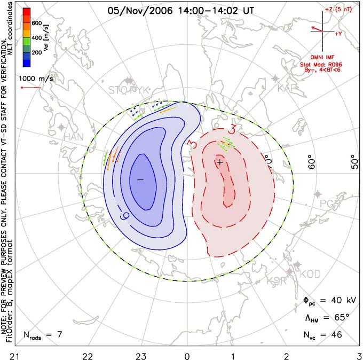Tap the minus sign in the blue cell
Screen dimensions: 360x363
click(140, 180)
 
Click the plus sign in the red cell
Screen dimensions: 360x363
click(219, 161)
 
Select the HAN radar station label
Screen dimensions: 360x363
click(74, 137)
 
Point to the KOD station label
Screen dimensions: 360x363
click(310, 274)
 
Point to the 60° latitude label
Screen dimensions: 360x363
click(313, 162)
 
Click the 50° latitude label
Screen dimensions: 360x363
click(353, 162)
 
